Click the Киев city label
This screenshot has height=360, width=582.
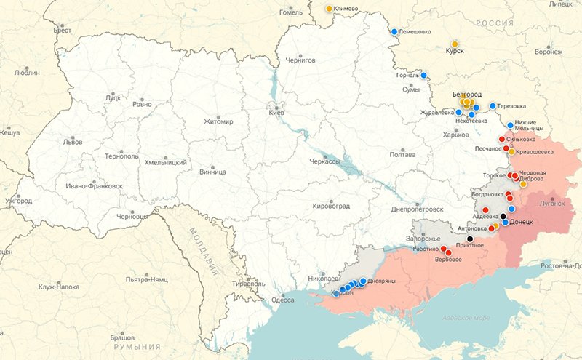tap(276, 113)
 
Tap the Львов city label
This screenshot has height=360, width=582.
tap(73, 143)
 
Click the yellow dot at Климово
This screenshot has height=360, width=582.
tap(329, 9)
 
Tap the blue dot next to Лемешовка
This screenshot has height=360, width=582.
tap(394, 32)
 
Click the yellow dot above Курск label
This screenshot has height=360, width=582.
tap(455, 44)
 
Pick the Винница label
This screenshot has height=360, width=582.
tap(212, 172)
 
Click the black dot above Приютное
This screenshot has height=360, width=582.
tap(470, 239)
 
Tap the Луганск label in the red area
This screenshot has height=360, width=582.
tap(552, 204)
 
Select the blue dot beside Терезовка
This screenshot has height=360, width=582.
tap(493, 106)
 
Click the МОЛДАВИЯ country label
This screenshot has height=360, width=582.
tap(203, 250)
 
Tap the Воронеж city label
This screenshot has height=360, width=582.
tap(548, 52)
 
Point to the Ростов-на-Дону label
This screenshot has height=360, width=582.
tap(562, 264)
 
